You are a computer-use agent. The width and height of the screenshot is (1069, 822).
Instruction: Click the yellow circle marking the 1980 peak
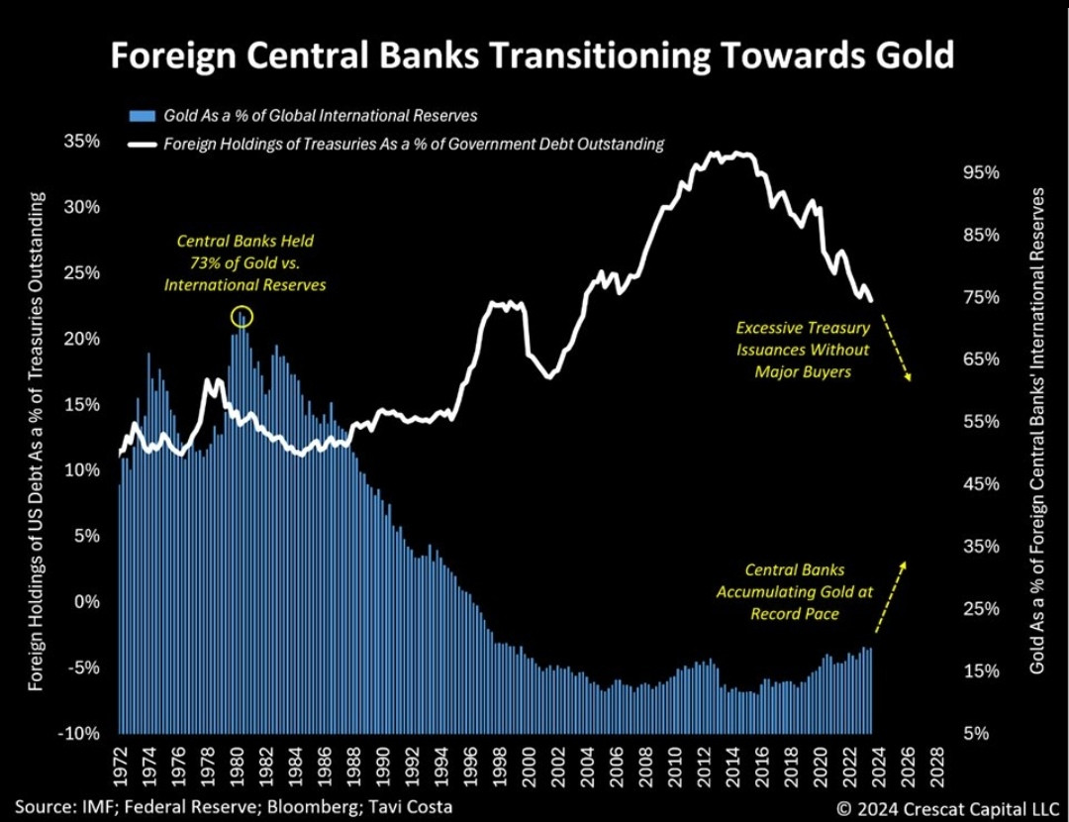click(242, 317)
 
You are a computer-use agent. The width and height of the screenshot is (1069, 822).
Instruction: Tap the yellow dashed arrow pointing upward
click(890, 594)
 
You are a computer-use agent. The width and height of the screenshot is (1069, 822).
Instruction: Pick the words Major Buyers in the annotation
click(803, 372)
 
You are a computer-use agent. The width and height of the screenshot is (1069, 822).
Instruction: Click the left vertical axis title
click(37, 441)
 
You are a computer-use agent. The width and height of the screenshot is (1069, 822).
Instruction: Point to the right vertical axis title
click(1038, 431)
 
